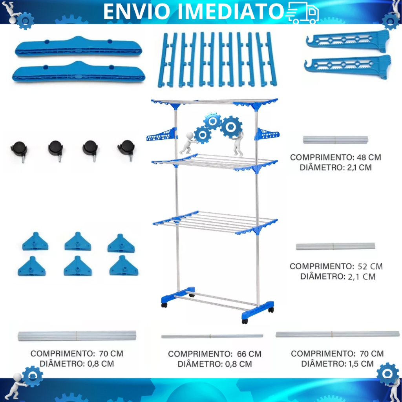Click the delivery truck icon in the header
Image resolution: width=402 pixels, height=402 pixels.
pos(303,13)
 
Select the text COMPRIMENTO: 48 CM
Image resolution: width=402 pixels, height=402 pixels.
pos(336,157)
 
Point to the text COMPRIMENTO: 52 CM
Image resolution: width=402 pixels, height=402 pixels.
pos(336,267)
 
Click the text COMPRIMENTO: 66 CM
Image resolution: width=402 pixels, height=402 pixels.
pos(215,354)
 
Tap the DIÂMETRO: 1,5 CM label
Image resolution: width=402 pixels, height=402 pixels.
pos(337,364)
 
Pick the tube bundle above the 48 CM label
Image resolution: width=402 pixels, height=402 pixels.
pos(336,140)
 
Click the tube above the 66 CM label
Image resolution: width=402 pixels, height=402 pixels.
pos(212,336)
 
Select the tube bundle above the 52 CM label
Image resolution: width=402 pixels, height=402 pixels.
pos(335,247)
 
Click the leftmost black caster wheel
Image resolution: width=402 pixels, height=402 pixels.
pos(19,150)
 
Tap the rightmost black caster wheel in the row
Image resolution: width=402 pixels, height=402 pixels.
pos(126,149)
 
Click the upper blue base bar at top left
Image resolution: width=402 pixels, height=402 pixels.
pos(78,47)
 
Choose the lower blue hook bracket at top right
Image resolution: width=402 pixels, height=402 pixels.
pos(348,66)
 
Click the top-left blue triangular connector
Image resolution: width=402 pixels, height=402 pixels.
pos(35,242)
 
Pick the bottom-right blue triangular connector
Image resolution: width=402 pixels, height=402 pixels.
pos(124,267)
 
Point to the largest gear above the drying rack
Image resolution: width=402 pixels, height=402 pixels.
pos(232,127)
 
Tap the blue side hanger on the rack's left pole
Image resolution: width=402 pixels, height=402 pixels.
pos(161,135)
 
